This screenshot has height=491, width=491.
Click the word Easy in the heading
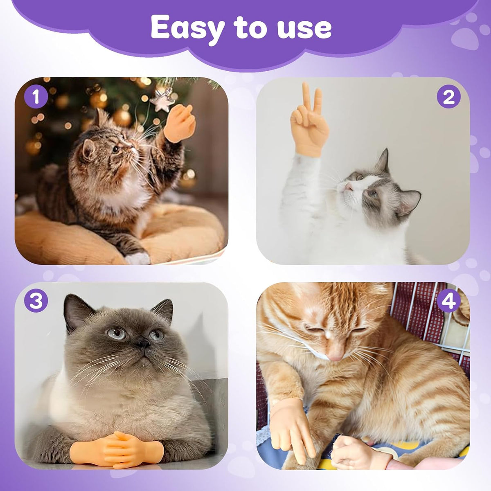[x=188, y=28]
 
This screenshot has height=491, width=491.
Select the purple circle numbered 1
[x=36, y=97]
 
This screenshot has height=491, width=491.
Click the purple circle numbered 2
[x=448, y=97]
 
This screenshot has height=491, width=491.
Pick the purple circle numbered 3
[x=36, y=302]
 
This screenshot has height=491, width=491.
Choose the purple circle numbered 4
[x=448, y=302]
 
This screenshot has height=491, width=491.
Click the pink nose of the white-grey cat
[x=348, y=187]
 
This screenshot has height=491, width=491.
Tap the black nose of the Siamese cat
[x=144, y=343]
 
